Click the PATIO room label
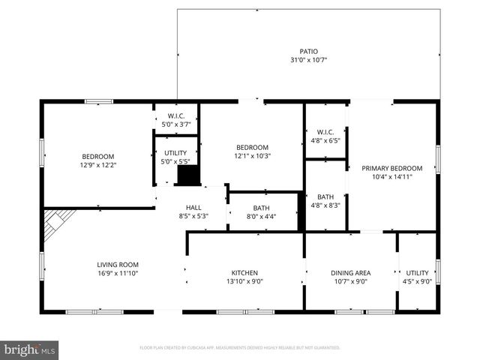point(309,52)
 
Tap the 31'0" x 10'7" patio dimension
point(309,60)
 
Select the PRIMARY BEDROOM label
point(391,168)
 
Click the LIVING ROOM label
point(117,264)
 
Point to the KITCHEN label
point(244,273)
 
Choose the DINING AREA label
point(350,273)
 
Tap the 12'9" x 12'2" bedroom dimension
point(98,164)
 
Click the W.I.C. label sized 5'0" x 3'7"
point(175,115)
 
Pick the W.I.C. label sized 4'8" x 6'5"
point(325,132)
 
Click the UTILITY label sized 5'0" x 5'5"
point(175,152)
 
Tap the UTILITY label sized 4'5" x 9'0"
point(417,273)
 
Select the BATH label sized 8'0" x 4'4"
point(261,208)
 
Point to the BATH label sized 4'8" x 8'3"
point(325,196)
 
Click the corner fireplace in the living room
point(55,224)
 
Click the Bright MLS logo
point(30,349)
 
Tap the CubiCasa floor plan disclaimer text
point(239,348)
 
